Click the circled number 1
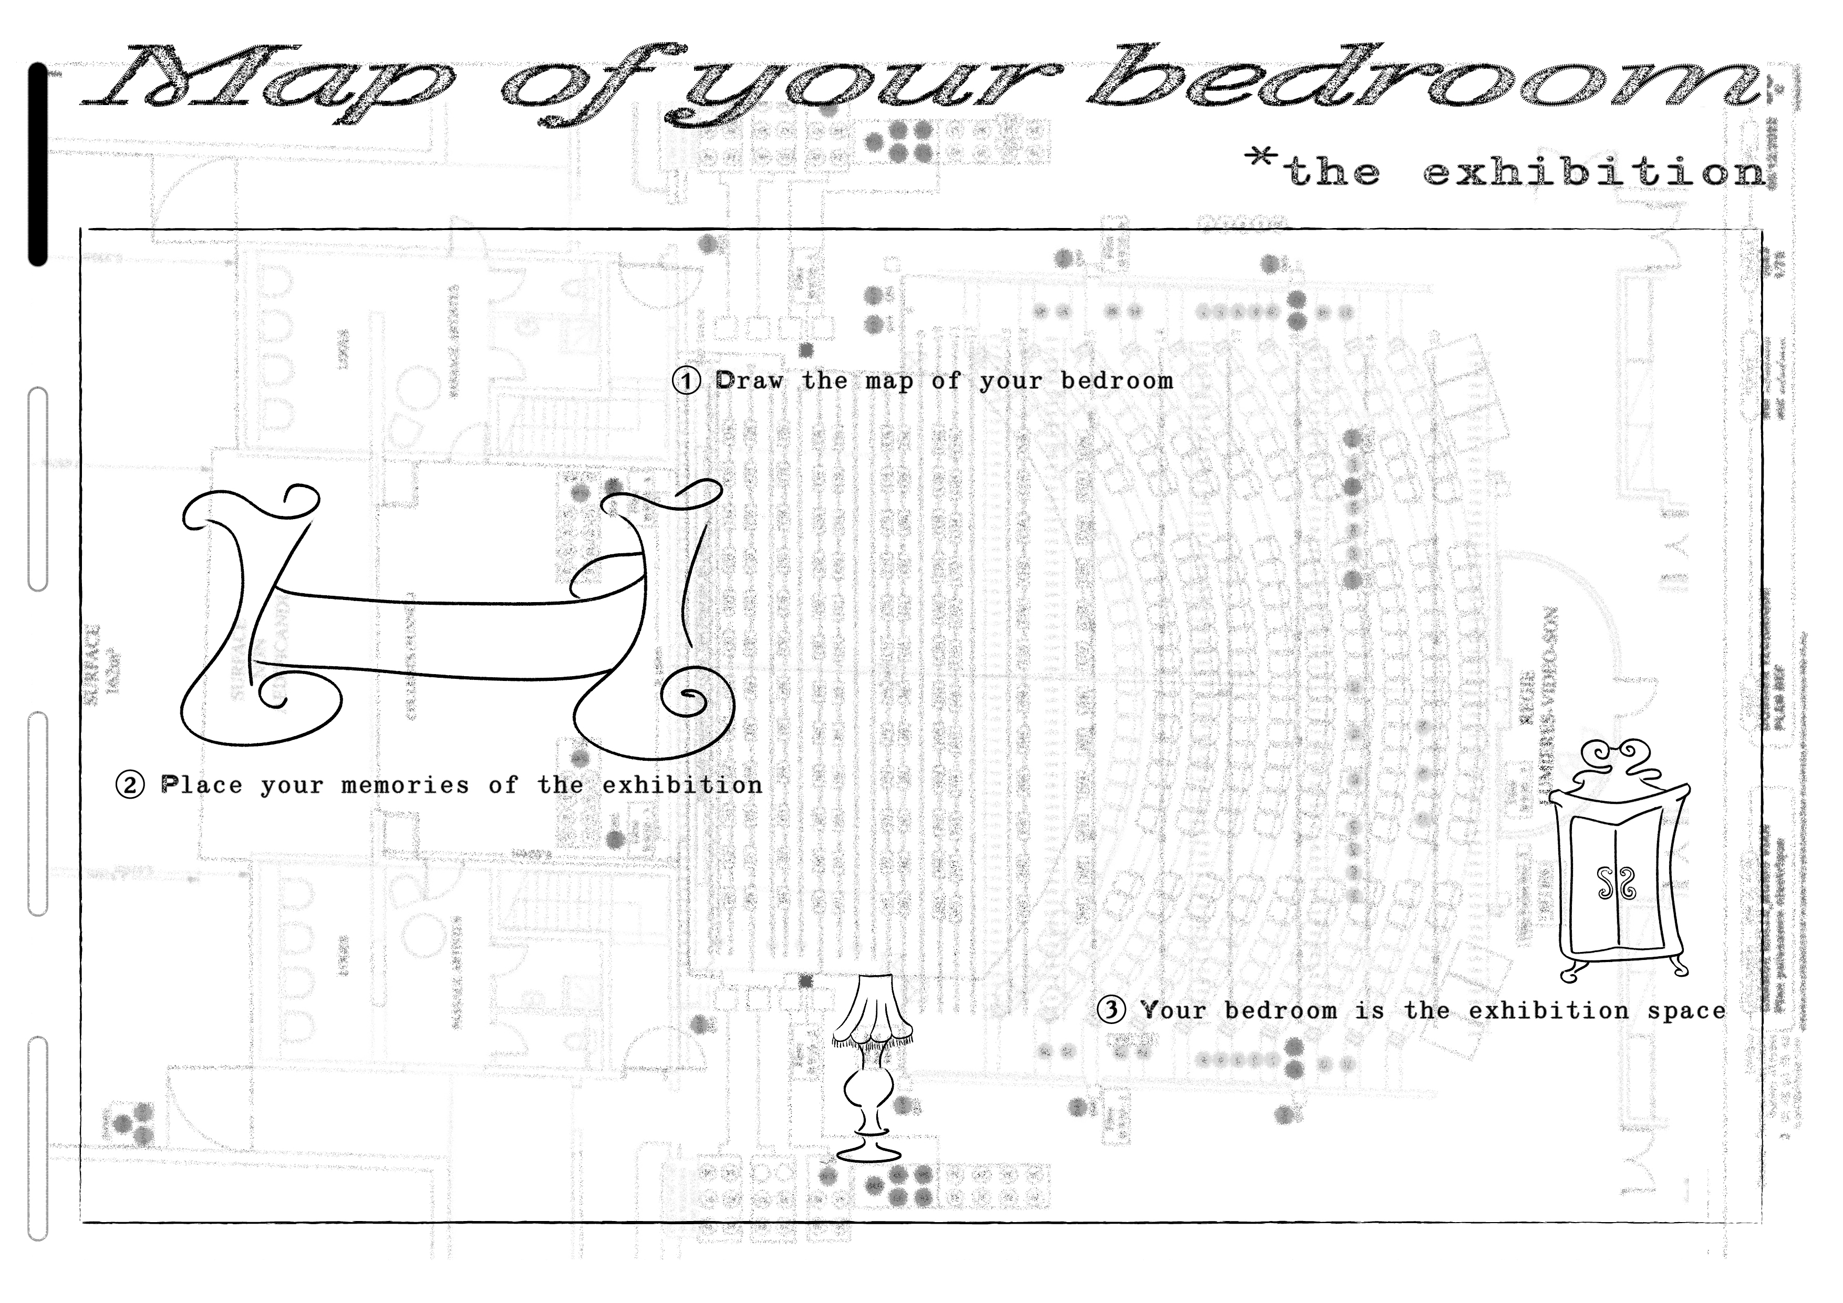pyautogui.click(x=686, y=380)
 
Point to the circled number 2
pyautogui.click(x=130, y=784)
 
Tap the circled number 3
pyautogui.click(x=1111, y=1010)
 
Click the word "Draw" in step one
pyautogui.click(x=748, y=380)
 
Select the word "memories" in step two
pyautogui.click(x=406, y=785)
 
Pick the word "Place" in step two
pyautogui.click(x=201, y=784)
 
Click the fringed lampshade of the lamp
pyautogui.click(x=873, y=1011)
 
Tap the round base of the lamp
pyautogui.click(x=868, y=1154)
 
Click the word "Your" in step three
pyautogui.click(x=1173, y=1010)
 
